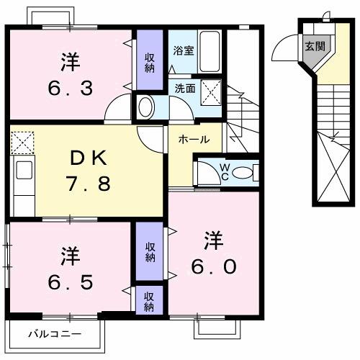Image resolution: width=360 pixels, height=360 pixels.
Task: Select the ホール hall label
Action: tap(193, 139)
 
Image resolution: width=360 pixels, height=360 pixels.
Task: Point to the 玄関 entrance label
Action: tap(315, 48)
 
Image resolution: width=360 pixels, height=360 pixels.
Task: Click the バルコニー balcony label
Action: tap(55, 333)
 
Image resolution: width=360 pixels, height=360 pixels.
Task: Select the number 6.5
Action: tap(69, 281)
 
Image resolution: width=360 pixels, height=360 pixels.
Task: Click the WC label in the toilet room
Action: tap(225, 172)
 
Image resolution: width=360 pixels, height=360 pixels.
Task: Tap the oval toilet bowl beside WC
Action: tap(243, 173)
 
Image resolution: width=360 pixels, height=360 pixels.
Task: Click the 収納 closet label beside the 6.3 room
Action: tap(150, 63)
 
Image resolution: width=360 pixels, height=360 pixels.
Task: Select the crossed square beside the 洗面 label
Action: tap(210, 93)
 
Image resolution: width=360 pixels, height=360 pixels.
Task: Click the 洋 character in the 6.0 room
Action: tap(214, 238)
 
